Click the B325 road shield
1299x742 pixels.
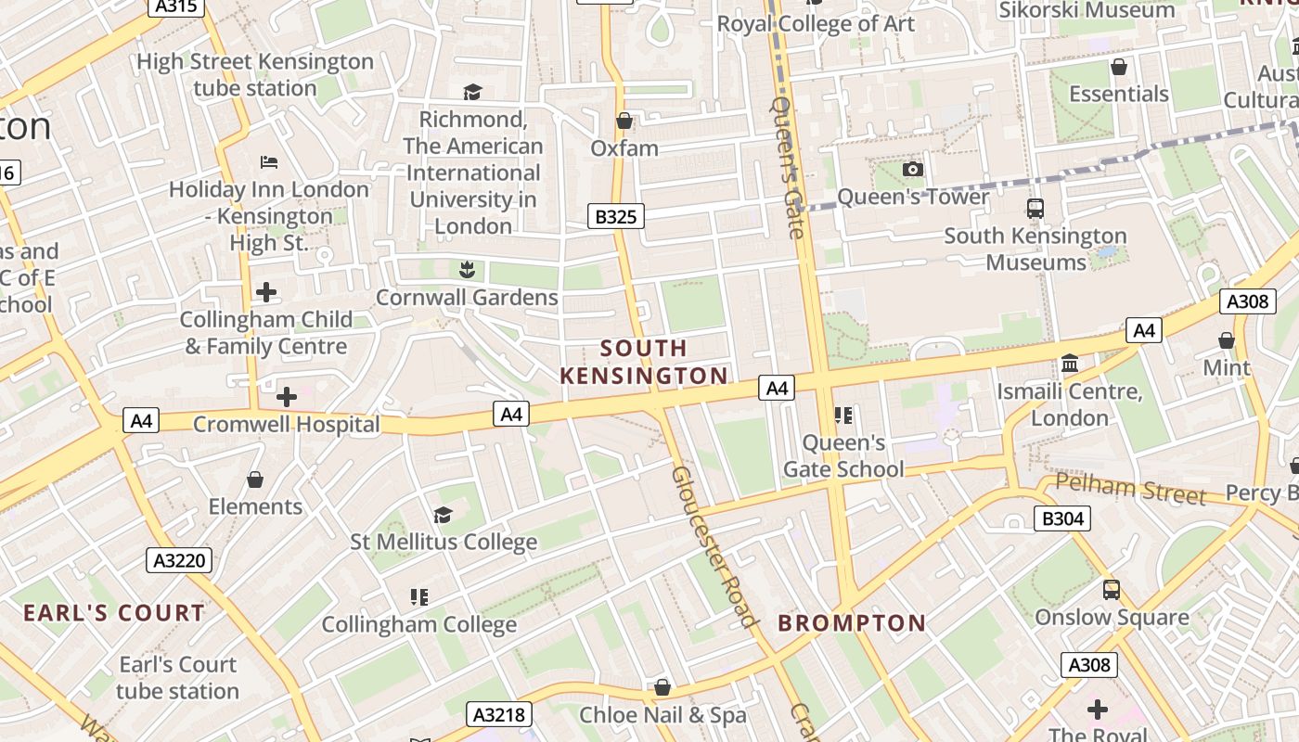(615, 217)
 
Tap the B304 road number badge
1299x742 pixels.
(1061, 518)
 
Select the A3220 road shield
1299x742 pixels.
(179, 560)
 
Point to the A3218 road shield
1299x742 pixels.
(499, 714)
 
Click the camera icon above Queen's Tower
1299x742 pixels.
(913, 169)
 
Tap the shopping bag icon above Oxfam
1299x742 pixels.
(624, 121)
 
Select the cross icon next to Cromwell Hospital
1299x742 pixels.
(287, 397)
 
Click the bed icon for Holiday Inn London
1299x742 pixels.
(268, 162)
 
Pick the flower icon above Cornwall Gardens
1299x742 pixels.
(467, 270)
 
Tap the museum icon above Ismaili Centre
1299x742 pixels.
(1070, 364)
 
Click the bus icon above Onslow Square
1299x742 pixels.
(1111, 589)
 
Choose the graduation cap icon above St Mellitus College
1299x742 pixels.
(443, 515)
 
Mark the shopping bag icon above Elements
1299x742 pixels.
(255, 480)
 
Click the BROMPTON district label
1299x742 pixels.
(852, 623)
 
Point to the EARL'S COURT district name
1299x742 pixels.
(114, 613)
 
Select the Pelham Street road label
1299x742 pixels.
(1130, 488)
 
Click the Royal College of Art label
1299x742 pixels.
(816, 24)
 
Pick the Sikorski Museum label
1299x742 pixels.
(1087, 10)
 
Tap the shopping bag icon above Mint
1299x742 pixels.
(1227, 340)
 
